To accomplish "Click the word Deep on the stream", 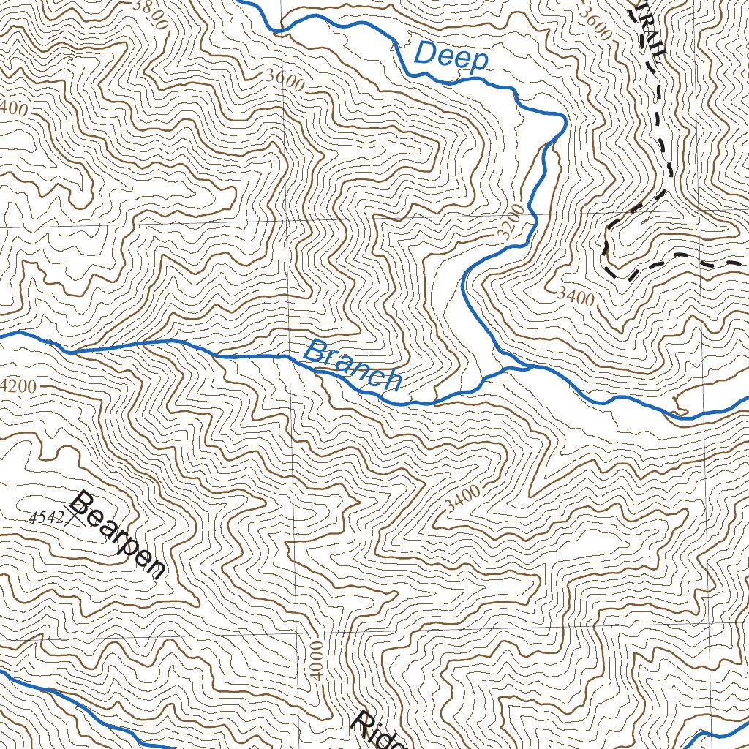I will pos(451,56).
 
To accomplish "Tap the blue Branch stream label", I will pos(353,365).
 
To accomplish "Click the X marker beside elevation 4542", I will pos(70,517).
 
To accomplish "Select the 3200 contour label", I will pos(511,222).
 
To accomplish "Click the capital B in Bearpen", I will pos(83,504).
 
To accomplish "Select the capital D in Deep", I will pos(425,53).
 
